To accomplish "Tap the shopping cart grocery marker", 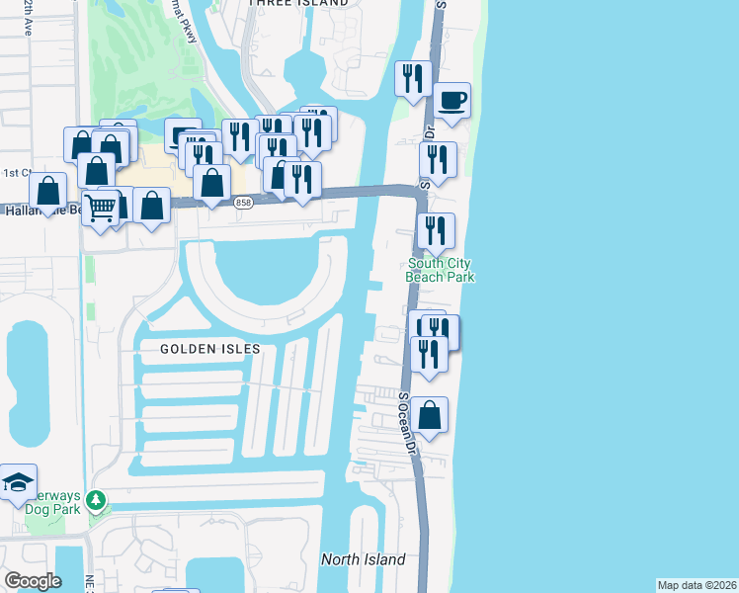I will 100,209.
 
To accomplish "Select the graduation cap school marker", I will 18,482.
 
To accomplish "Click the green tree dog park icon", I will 96,502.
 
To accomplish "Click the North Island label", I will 363,559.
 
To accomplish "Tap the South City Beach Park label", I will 440,270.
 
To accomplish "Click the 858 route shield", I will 243,203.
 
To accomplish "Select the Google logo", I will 33,581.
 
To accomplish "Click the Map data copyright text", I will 696,585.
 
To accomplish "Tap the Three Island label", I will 298,4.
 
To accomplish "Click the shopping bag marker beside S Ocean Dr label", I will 430,415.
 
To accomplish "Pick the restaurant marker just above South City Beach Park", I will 436,231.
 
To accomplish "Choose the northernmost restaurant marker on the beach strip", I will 413,78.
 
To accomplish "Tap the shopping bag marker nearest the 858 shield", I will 212,182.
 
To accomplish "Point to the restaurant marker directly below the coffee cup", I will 436,159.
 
